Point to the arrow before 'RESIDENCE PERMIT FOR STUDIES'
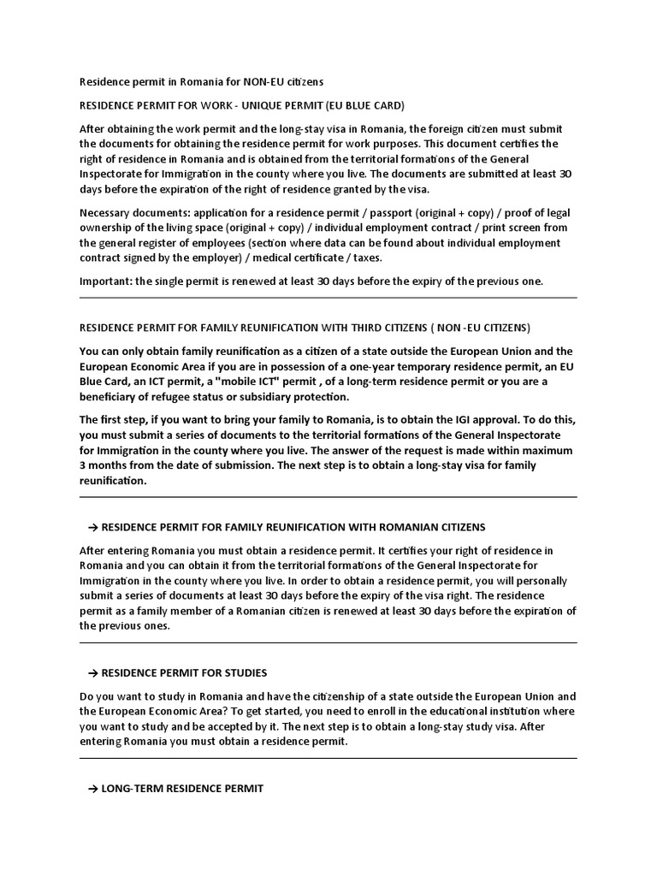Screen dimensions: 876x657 (93, 672)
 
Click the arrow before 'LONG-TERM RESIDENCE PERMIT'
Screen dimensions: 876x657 (93, 789)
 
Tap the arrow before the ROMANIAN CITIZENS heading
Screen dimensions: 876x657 (93, 527)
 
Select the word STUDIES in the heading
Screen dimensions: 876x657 (243, 672)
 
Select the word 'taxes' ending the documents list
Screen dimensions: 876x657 (367, 258)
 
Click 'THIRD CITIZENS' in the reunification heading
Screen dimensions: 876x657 (377, 328)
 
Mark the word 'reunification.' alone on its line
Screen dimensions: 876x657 (114, 481)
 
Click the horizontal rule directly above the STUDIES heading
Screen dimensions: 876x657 (328, 642)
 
